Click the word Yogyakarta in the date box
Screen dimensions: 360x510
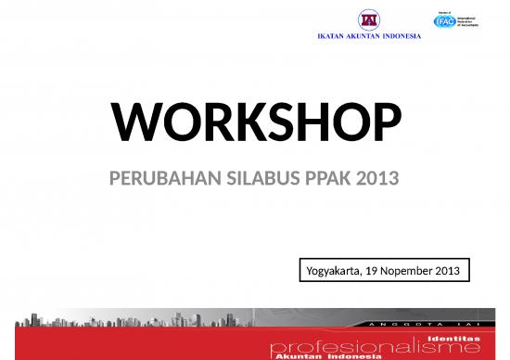pos(334,271)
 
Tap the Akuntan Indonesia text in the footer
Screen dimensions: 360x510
pos(320,356)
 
